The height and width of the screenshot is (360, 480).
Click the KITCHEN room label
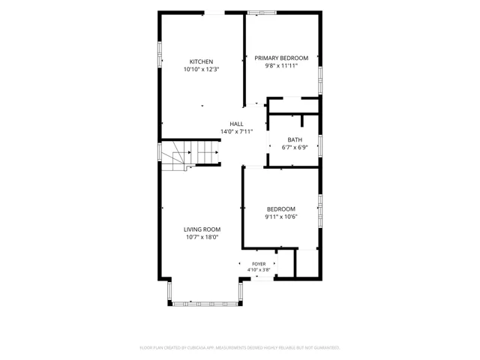201,61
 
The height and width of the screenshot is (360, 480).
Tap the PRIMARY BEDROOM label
281,58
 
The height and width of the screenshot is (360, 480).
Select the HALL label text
236,124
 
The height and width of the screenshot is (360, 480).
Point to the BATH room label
295,140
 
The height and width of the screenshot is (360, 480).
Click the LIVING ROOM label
202,229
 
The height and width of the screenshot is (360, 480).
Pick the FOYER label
259,264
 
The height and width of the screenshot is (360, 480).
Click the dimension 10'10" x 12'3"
202,70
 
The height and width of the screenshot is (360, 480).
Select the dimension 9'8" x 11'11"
281,65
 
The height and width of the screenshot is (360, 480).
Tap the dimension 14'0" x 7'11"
237,132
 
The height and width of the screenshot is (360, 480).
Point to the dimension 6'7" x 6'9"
295,148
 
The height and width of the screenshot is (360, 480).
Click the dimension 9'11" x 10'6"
281,217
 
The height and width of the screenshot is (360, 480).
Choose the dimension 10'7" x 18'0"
202,237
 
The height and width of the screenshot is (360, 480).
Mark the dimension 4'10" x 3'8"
259,270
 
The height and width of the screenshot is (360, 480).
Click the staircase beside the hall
190,155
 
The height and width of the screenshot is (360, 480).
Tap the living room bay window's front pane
205,304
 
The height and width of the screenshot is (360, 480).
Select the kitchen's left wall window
160,54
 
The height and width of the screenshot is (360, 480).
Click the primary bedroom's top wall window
262,13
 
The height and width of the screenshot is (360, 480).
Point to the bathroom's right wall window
320,146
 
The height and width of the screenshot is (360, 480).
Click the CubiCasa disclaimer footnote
240,348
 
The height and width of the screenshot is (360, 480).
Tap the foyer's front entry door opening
262,278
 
